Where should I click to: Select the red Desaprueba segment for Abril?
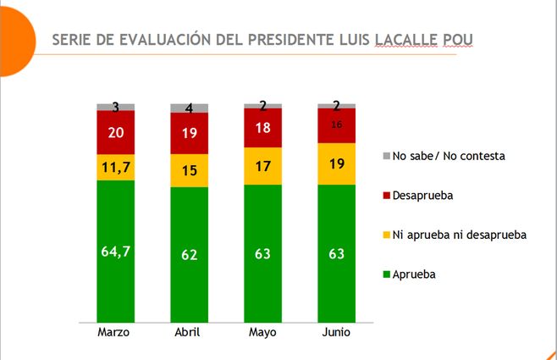point(189,133)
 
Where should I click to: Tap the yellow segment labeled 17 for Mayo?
point(262,166)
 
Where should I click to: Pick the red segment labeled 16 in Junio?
point(336,126)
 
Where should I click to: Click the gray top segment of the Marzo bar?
point(115,107)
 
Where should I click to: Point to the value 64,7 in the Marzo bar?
point(115,251)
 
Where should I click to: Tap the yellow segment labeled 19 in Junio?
point(336,163)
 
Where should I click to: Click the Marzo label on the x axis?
point(114,333)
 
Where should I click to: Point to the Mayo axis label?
point(262,333)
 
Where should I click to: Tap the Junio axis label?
point(336,333)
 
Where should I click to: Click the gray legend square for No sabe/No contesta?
point(387,157)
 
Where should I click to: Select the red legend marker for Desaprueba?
point(387,196)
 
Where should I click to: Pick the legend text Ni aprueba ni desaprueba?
point(460,235)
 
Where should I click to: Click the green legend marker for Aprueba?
point(387,274)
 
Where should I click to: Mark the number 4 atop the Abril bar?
point(189,108)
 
